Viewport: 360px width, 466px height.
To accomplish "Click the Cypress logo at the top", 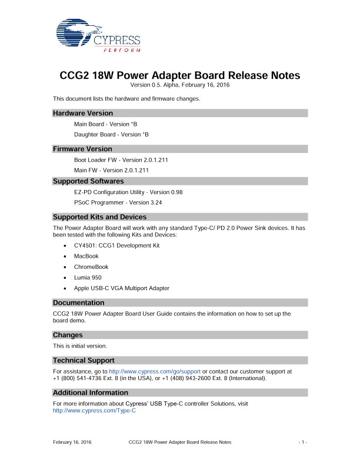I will pos(98,36).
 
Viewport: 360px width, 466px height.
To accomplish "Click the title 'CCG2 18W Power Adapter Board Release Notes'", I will pos(180,76).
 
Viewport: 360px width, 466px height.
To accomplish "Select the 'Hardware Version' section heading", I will pos(83,113).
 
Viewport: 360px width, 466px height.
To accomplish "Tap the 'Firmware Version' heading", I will pos(82,149).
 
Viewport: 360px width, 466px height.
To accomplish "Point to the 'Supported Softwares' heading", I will pos(88,181).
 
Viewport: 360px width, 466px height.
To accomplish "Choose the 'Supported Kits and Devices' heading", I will pos(99,217).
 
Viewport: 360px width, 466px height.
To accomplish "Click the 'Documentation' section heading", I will pos(79,303).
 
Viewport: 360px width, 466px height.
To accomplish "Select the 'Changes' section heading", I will pos(68,335).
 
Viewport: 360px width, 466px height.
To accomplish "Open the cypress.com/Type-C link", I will pos(94,411).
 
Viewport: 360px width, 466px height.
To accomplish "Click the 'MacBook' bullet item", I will pos(86,256).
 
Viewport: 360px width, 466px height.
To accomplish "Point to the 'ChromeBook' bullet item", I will pos(91,267).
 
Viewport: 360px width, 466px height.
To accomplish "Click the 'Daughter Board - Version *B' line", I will pos(111,134).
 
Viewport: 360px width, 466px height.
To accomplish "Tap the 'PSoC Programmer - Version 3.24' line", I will pos(118,202).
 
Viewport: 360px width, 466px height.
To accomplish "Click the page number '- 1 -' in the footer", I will pos(303,441).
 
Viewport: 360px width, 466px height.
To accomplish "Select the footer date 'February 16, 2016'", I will pos(72,441).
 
